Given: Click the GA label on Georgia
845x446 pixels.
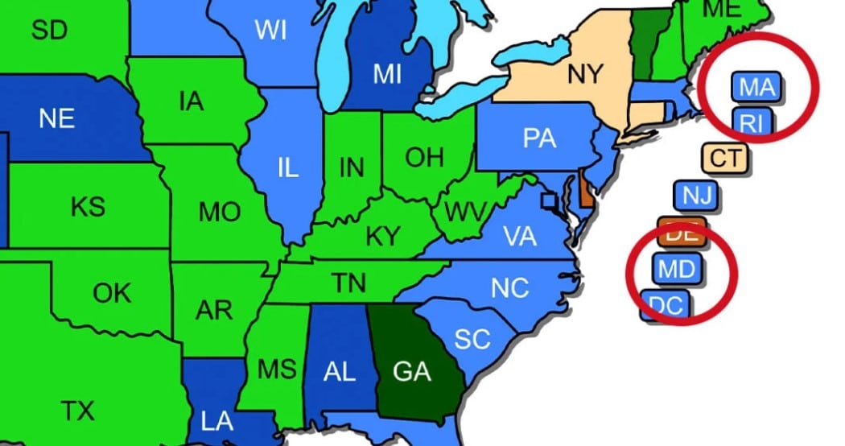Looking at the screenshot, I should point(412,372).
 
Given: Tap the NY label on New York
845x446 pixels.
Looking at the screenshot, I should point(585,75).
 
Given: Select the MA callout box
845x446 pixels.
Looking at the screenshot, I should point(756,86).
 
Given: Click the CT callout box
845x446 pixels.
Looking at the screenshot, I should point(724,158).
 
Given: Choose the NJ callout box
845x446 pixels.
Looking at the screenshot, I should point(696,195).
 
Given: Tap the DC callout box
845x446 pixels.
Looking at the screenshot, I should point(665,305).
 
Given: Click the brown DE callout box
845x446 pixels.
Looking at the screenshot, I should point(682,232).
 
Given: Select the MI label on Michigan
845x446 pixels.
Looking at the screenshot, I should point(387,74).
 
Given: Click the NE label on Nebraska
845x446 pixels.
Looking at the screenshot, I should point(56,119).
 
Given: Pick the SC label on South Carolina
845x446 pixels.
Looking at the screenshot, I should point(472,338).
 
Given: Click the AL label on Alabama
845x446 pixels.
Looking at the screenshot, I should point(339,372).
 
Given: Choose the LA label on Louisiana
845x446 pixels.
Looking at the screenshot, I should point(217,419).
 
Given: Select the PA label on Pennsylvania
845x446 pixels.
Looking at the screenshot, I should point(539,138).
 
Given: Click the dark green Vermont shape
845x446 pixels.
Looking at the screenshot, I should point(642,44).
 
